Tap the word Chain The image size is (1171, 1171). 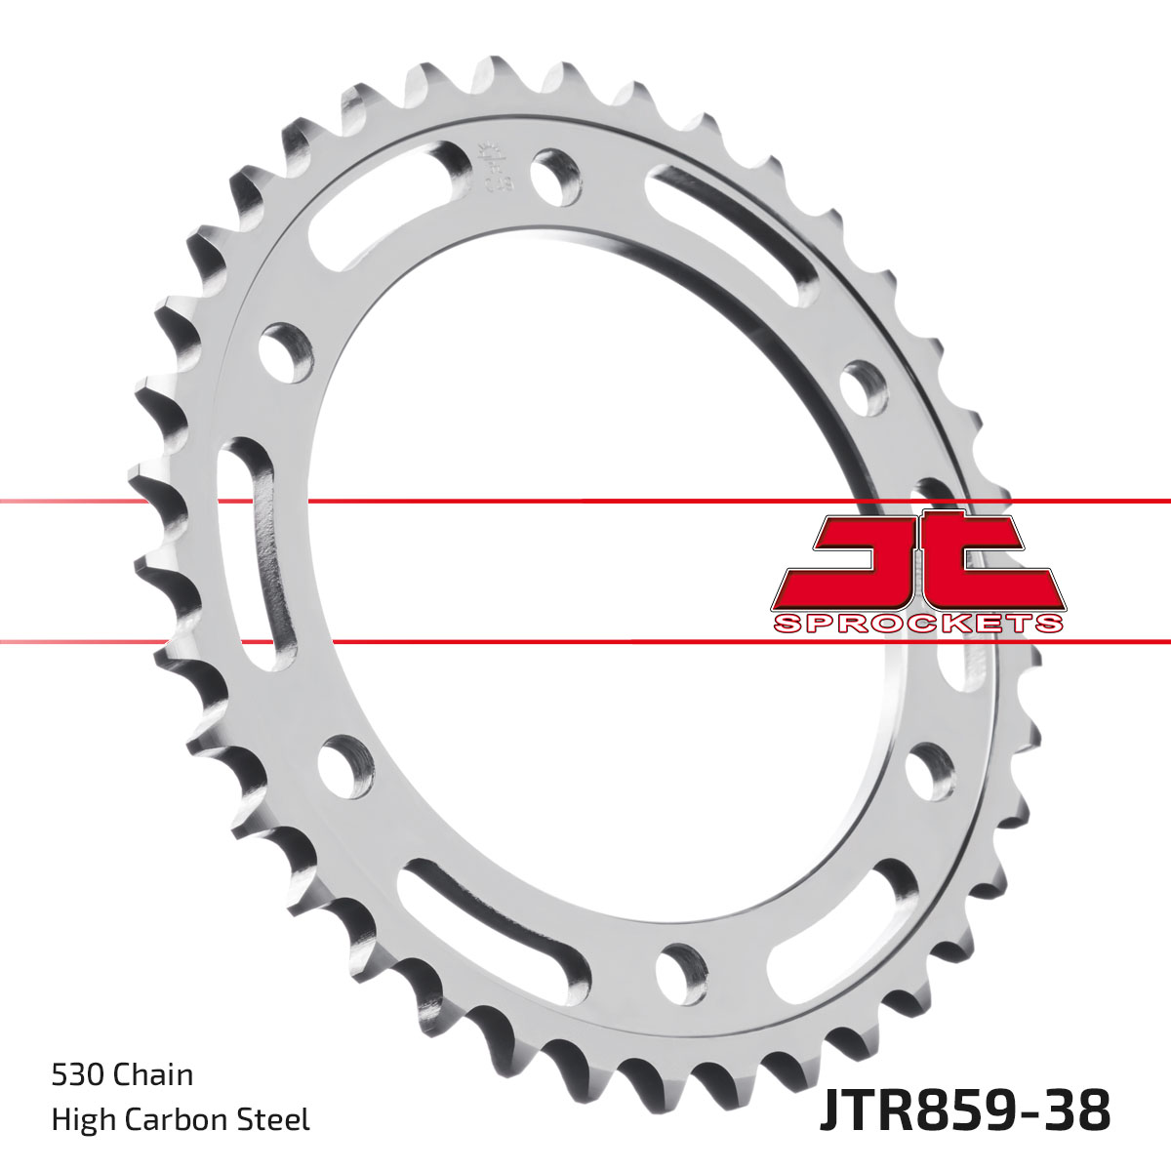point(153,1075)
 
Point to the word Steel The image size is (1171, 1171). point(276,1119)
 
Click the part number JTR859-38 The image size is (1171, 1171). point(964,1112)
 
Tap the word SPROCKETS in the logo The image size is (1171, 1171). point(917,624)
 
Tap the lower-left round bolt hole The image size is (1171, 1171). point(344,762)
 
